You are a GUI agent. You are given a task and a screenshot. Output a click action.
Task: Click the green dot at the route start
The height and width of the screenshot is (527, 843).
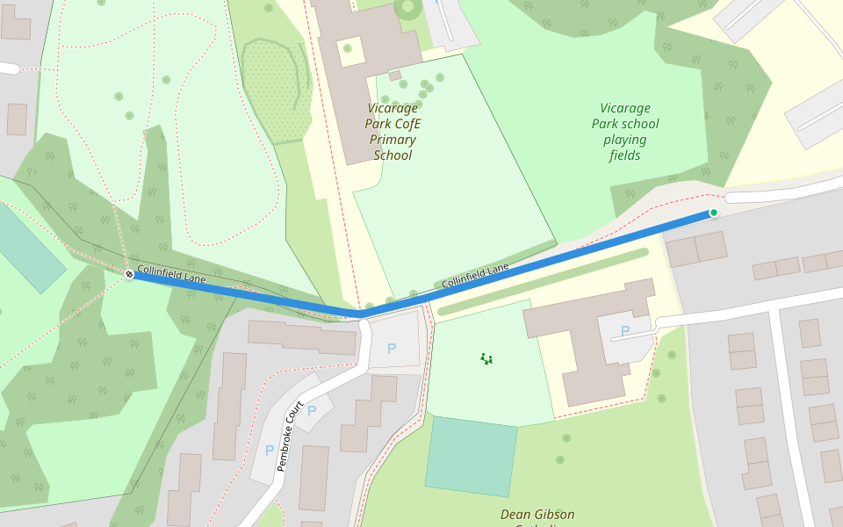tap(714, 213)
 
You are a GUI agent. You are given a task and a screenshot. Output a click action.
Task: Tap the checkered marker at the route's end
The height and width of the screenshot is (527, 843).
tap(129, 275)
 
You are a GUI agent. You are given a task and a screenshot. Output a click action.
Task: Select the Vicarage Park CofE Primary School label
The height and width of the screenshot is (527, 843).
tap(393, 132)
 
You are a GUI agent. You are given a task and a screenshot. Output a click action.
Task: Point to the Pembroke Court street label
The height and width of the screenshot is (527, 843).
tap(291, 437)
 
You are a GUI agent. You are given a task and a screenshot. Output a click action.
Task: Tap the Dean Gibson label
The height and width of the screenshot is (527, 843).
tap(537, 515)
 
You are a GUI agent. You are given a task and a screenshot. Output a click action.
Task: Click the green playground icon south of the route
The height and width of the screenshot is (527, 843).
tap(486, 358)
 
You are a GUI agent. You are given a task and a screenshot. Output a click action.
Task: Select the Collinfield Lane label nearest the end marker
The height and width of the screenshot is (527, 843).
tap(171, 275)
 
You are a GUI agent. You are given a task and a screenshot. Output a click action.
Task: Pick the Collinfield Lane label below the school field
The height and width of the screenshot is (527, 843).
tap(474, 276)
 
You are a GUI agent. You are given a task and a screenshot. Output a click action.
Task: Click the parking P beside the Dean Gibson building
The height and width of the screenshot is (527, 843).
tap(624, 331)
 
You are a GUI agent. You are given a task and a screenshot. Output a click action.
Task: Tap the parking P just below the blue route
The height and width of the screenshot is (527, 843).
tap(392, 349)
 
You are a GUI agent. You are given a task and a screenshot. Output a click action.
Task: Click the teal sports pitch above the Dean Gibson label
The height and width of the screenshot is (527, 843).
tap(471, 456)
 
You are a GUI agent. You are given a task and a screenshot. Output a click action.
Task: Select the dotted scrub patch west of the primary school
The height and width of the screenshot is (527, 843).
tap(276, 92)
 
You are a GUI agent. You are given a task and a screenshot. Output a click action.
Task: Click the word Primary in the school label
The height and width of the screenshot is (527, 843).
tap(393, 140)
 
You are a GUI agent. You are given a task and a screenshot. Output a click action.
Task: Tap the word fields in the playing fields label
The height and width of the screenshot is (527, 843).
tap(624, 155)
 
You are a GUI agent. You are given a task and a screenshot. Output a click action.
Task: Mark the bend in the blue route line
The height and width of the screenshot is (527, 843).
tap(360, 314)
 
